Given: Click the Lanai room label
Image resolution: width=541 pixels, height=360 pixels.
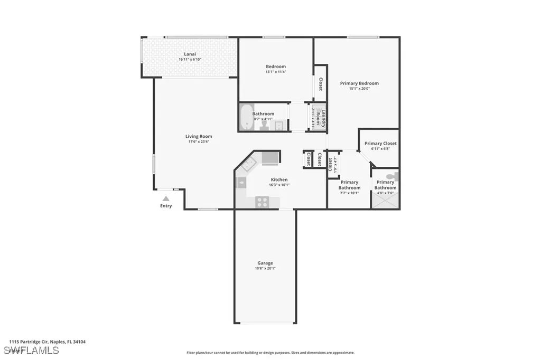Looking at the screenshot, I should click(190, 54).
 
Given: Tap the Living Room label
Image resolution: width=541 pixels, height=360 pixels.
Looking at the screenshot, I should click(199, 136).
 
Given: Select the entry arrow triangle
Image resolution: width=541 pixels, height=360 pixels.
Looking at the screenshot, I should click(166, 198).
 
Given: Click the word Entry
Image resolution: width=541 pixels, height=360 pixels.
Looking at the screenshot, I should click(166, 206).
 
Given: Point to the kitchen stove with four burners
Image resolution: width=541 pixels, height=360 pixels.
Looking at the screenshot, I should click(263, 201).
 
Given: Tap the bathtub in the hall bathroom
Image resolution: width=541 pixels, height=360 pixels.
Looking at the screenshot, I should click(246, 117).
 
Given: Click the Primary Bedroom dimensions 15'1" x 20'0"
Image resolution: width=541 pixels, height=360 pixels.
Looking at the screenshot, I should click(359, 89).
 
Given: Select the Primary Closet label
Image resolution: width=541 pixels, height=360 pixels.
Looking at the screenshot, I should click(380, 144).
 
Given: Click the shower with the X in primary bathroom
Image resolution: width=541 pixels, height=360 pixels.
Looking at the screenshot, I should click(385, 200).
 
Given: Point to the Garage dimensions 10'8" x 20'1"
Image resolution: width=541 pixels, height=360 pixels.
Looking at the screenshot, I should click(265, 268).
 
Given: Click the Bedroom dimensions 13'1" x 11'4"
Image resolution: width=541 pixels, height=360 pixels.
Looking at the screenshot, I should click(275, 72).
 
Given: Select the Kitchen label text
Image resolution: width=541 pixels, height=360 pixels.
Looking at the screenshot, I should click(279, 179).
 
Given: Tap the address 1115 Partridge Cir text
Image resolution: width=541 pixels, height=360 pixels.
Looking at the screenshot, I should click(47, 342).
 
